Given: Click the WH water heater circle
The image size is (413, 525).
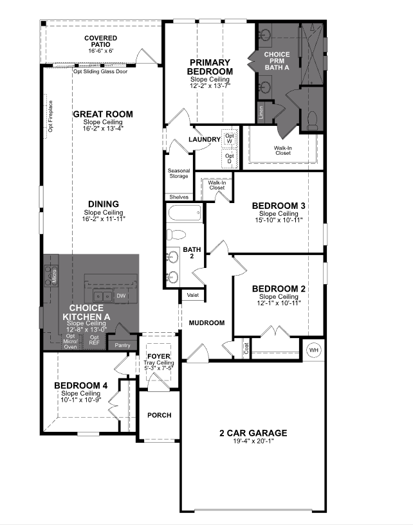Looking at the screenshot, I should pyautogui.click(x=313, y=350).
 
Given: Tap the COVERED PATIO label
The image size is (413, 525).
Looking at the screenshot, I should pyautogui.click(x=100, y=42).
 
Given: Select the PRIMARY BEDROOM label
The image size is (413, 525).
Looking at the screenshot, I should pyautogui.click(x=210, y=67).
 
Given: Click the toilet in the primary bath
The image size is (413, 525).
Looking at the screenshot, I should pyautogui.click(x=311, y=120).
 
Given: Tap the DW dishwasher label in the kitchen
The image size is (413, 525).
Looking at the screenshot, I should pyautogui.click(x=121, y=296).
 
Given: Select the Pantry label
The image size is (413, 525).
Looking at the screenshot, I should pyautogui.click(x=122, y=345).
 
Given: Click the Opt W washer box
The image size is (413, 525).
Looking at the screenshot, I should pyautogui.click(x=228, y=138).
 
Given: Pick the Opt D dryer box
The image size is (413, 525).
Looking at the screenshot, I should pyautogui.click(x=228, y=158).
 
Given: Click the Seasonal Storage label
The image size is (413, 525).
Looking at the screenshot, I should pyautogui.click(x=179, y=174).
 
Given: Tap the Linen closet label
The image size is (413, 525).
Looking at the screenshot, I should pyautogui.click(x=261, y=113).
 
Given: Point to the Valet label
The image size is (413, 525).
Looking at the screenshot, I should pyautogui.click(x=192, y=295).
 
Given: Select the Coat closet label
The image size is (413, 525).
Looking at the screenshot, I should pyautogui.click(x=246, y=348).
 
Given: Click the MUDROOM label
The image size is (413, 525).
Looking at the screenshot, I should pyautogui.click(x=206, y=323).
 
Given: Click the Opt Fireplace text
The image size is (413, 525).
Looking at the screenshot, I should pyautogui.click(x=50, y=116).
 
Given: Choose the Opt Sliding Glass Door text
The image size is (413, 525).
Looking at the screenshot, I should pyautogui.click(x=100, y=71).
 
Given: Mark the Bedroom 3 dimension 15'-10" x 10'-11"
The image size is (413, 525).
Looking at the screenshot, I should pyautogui.click(x=278, y=220).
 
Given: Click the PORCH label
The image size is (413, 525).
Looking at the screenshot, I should pyautogui.click(x=159, y=415).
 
